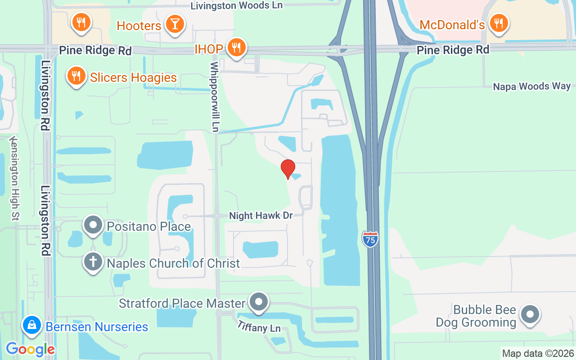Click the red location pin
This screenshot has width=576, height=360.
pos(288,169)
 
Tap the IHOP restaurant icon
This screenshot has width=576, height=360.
pos(235,47)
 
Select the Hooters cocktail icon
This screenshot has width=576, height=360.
pos(174,24)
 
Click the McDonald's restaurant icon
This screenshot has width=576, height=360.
pos(498,23)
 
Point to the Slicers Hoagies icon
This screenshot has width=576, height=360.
pos(77,76)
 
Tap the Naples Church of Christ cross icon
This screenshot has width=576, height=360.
pos(93,261)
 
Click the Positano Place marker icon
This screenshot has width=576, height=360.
pos(93,225)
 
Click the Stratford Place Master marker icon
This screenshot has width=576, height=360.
pos(259,302)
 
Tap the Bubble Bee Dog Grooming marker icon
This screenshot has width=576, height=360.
pos(530,315)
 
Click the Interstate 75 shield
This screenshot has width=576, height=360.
pos(370,238)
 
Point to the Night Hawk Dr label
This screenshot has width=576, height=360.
pos(261,216)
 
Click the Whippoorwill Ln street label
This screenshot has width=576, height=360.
pos(215,97)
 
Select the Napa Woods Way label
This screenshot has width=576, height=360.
pos(531,86)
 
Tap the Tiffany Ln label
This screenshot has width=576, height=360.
pos(259,325)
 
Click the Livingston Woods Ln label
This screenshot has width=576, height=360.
pos(236,5)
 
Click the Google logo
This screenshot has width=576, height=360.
pos(30,349)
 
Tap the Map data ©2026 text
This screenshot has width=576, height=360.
pos(538,353)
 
